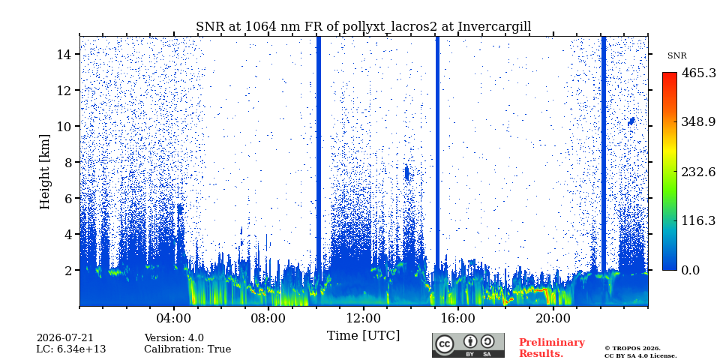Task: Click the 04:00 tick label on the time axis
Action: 174,318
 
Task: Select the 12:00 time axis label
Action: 364,318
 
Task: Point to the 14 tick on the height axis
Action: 62,54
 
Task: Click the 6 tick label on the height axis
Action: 66,198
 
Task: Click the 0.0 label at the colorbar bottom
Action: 690,270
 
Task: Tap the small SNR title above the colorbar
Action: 676,56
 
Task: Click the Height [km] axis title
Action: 44,172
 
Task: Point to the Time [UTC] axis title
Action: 363,336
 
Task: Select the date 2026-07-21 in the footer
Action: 64,338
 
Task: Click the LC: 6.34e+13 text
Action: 71,349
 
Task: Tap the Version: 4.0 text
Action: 174,338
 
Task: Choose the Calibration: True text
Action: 187,349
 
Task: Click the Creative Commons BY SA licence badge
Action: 468,345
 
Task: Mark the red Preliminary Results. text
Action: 552,348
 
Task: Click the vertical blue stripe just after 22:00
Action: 603,154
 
